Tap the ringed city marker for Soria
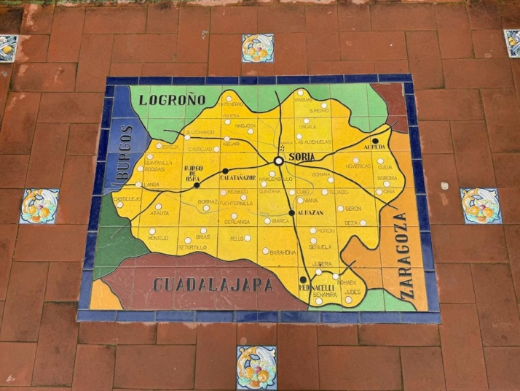[279, 161]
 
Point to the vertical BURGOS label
[124, 154]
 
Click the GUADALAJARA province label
[213, 284]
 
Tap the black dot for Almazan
[291, 213]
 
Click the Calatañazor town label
[239, 177]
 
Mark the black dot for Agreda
[376, 141]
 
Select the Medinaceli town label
[315, 287]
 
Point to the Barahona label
[283, 252]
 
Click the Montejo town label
[158, 238]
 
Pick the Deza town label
[351, 222]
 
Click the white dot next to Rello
[248, 238]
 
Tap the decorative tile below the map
[256, 367]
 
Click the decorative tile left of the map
[39, 206]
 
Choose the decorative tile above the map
[258, 48]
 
